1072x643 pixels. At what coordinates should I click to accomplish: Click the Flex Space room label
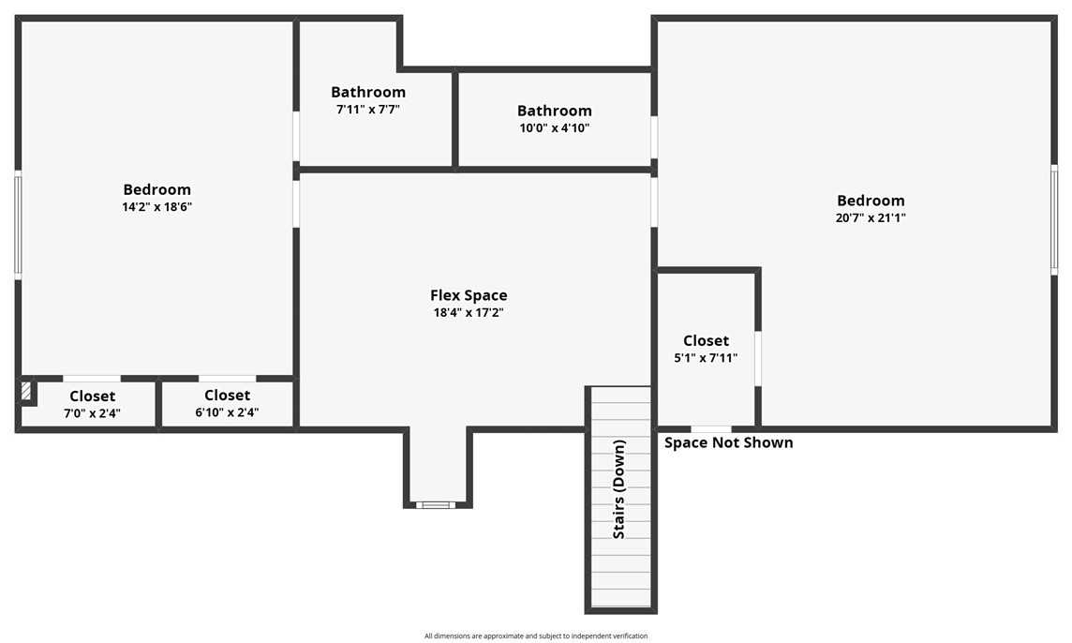469,295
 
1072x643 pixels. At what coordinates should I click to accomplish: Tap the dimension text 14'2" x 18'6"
157,206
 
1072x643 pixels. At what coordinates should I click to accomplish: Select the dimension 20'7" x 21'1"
871,217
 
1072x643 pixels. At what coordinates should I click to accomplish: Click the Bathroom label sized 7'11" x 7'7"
368,92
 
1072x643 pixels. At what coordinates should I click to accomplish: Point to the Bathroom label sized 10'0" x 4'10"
555,110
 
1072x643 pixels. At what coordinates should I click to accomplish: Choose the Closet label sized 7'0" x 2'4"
92,396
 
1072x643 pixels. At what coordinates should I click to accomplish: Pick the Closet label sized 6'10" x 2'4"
227,395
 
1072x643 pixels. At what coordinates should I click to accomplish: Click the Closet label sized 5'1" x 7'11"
707,340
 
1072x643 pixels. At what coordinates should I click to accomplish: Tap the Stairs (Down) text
618,489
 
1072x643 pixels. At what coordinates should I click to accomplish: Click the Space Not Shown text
729,442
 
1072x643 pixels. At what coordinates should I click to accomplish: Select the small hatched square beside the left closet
26,391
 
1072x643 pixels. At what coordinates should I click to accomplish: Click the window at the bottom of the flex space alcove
437,505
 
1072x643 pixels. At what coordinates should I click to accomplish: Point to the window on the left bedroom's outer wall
19,224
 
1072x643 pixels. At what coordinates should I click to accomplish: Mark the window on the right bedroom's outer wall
1054,219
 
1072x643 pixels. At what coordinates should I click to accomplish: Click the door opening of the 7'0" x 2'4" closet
92,379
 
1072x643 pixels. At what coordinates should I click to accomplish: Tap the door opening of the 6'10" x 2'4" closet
228,379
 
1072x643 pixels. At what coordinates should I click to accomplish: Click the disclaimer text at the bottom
536,636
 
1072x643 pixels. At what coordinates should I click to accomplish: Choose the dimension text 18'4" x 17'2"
469,313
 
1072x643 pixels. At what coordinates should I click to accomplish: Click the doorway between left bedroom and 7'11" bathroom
296,136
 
